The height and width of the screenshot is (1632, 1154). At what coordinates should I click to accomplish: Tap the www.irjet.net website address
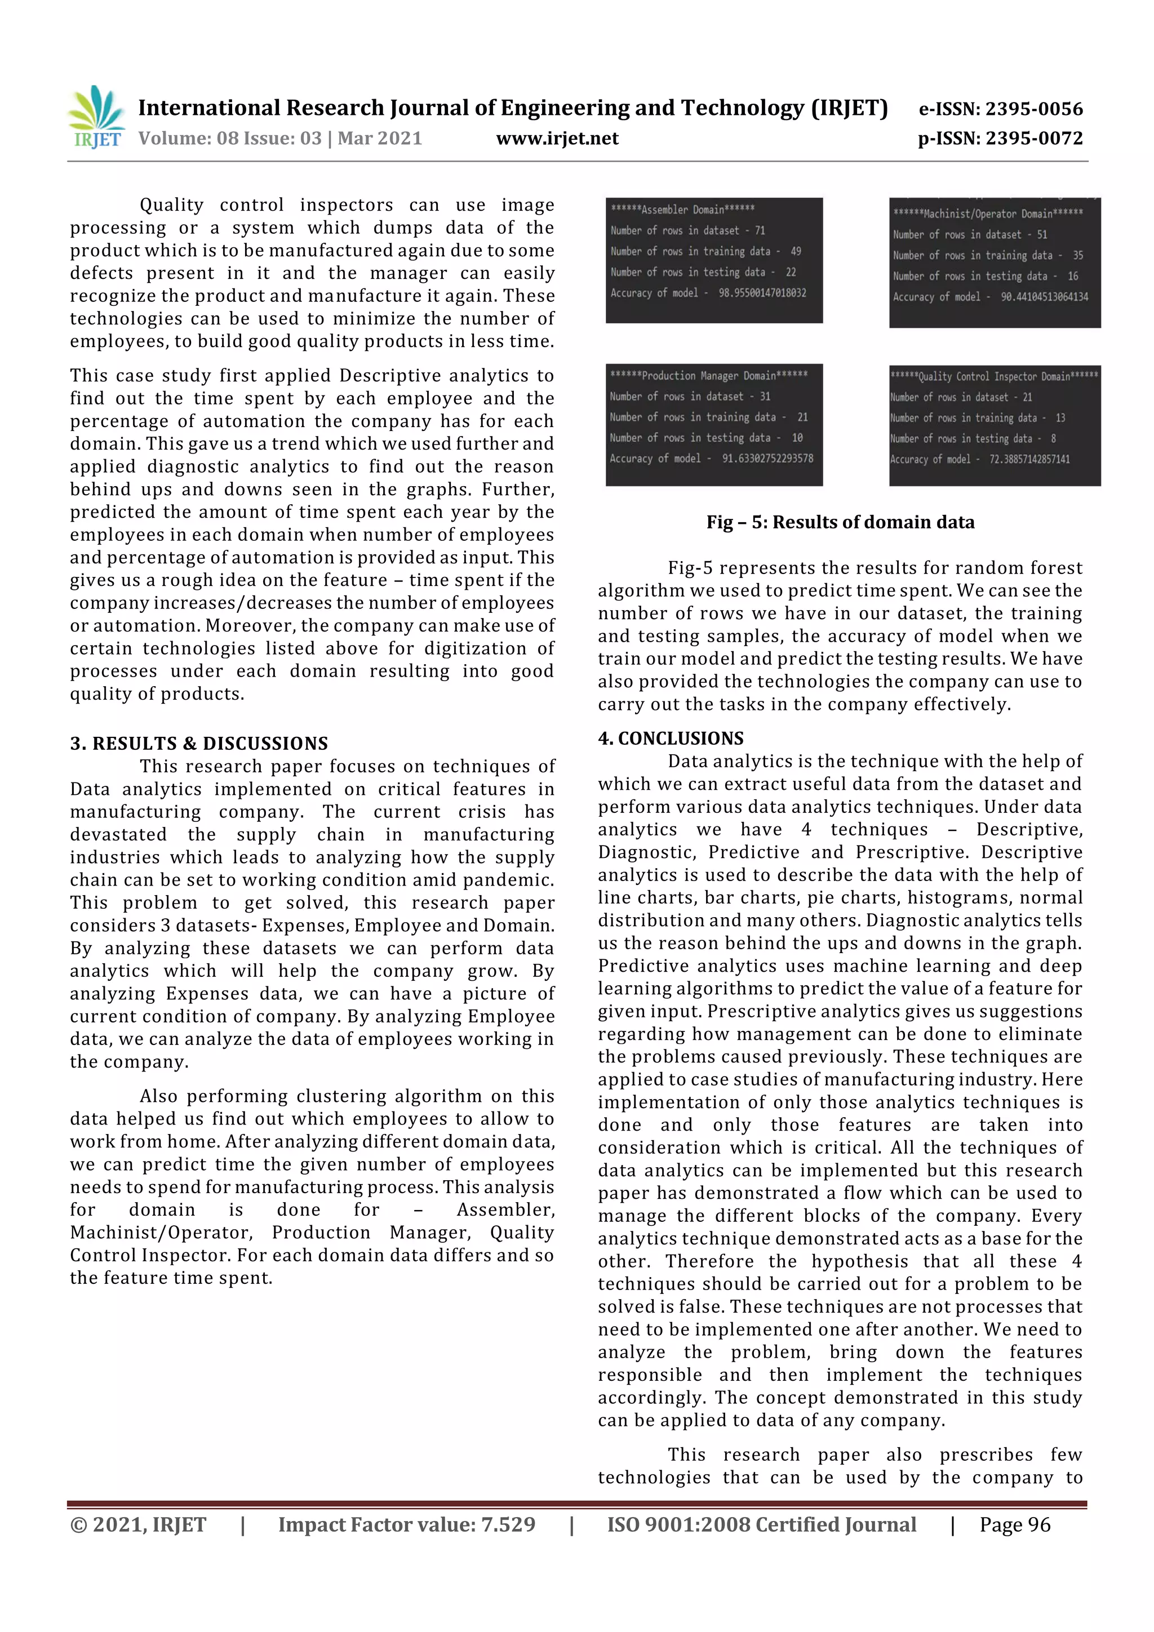click(x=557, y=138)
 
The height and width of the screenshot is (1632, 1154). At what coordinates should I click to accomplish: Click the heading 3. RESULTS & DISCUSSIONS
click(x=199, y=744)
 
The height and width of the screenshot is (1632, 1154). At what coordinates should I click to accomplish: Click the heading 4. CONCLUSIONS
click(x=671, y=739)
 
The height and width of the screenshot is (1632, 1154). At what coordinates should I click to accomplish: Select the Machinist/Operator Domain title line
click(x=988, y=214)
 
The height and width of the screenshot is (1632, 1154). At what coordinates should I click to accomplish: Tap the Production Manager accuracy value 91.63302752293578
click(x=767, y=459)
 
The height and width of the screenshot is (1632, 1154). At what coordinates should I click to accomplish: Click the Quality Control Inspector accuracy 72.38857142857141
click(x=1024, y=459)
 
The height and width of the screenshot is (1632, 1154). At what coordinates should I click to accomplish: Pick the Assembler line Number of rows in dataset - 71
click(x=687, y=230)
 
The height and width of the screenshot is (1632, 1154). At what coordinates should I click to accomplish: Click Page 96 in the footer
click(x=1015, y=1524)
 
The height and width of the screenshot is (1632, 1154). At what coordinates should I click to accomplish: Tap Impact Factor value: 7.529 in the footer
click(x=406, y=1524)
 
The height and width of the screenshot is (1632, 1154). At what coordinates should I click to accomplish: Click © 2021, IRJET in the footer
click(x=138, y=1524)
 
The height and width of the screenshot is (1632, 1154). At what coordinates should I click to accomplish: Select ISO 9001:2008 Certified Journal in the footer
click(x=761, y=1524)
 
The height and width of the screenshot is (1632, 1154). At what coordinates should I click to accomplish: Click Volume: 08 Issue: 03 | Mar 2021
click(x=280, y=138)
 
